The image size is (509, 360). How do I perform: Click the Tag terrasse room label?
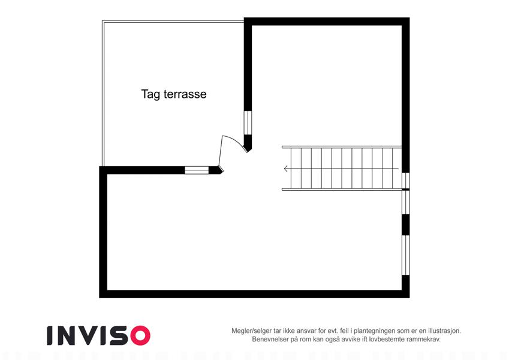click(174, 94)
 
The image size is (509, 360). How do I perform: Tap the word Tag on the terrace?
click(150, 95)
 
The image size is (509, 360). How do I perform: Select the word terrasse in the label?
click(185, 94)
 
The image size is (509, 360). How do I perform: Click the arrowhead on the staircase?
click(285, 169)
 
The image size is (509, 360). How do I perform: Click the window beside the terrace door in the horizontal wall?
click(197, 170)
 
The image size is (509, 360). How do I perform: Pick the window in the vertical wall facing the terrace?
click(248, 123)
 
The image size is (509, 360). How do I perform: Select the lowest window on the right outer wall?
click(406, 255)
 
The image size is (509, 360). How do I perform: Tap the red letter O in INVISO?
click(140, 335)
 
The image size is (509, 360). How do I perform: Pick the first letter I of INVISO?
click(50, 335)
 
